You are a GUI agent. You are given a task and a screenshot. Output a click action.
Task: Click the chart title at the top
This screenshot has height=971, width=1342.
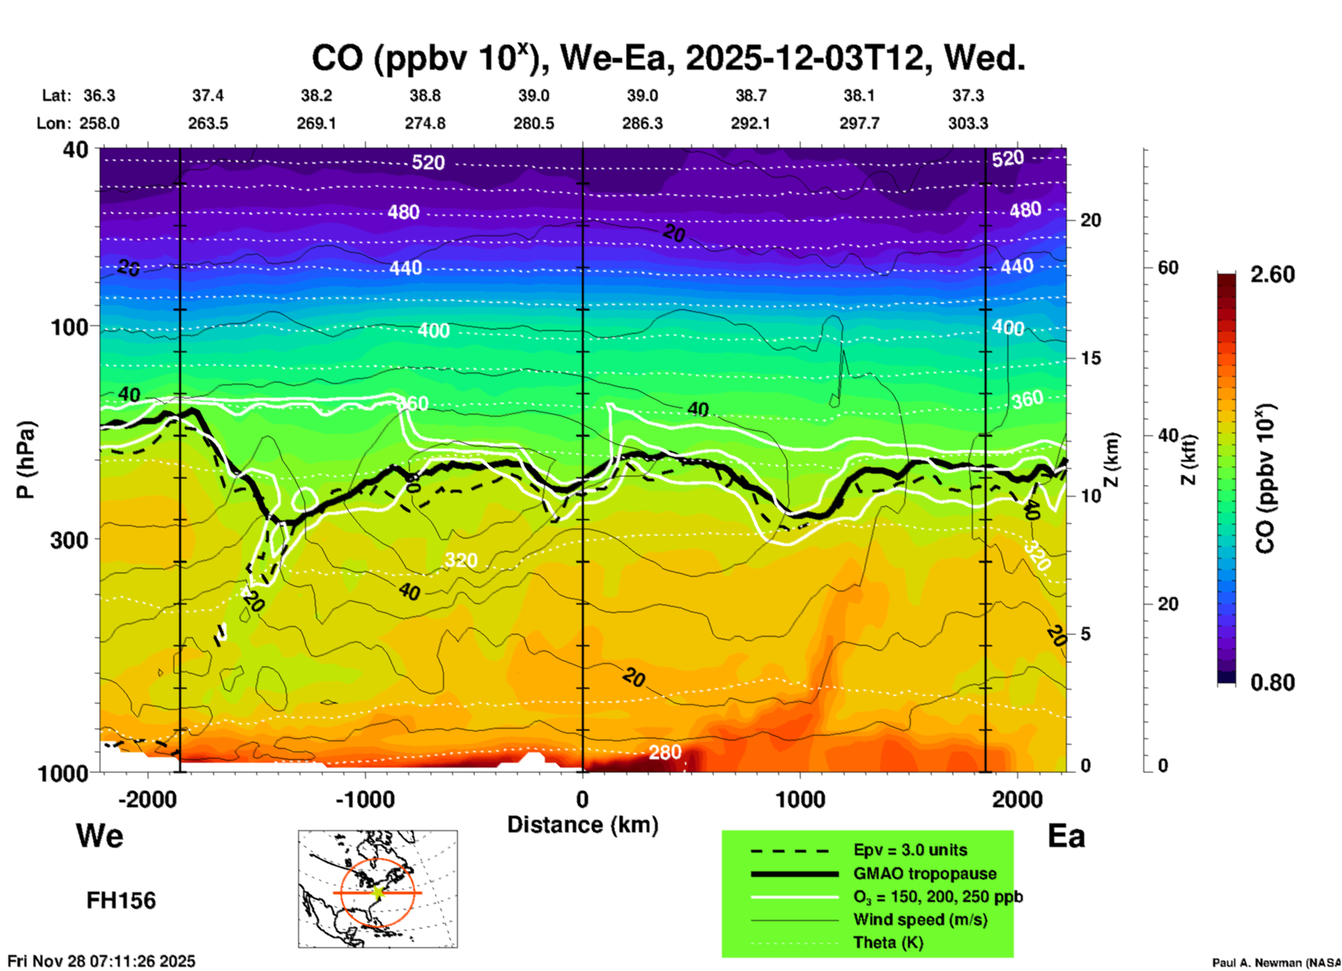(668, 59)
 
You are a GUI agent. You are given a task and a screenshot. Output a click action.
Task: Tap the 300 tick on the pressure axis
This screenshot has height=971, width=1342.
(69, 540)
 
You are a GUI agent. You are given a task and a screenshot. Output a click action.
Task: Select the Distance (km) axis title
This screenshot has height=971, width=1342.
(583, 825)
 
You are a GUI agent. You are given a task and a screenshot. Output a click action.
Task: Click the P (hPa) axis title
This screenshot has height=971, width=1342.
(25, 460)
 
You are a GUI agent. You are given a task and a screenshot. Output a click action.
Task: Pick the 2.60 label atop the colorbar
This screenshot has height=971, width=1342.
(1272, 274)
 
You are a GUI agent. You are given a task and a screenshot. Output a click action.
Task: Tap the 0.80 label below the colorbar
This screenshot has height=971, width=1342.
(1272, 683)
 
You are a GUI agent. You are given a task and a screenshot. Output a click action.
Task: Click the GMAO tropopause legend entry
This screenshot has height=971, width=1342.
(925, 873)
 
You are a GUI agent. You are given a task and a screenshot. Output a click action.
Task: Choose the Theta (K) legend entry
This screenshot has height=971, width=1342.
(888, 942)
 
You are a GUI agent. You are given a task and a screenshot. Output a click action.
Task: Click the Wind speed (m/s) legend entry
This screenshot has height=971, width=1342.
(920, 919)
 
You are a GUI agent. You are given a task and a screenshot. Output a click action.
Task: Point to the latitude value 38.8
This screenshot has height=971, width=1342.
(425, 95)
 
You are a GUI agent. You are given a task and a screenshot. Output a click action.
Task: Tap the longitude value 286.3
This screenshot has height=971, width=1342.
(642, 123)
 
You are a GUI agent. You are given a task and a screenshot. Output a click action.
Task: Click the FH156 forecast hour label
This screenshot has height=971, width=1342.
(121, 901)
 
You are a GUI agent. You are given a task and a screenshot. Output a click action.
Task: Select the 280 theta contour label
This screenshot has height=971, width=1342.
(665, 752)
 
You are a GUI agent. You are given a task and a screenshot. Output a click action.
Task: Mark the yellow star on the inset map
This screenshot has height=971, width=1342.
(378, 892)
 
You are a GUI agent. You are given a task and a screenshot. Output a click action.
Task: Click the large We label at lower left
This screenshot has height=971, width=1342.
(100, 836)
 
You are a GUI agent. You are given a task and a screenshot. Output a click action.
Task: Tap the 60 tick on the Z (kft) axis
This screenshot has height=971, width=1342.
(1168, 267)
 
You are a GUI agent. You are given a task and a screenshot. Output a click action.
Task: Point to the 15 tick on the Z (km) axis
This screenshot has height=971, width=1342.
(1090, 358)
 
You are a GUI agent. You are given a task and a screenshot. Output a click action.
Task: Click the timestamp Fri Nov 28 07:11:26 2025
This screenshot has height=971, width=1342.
(102, 961)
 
